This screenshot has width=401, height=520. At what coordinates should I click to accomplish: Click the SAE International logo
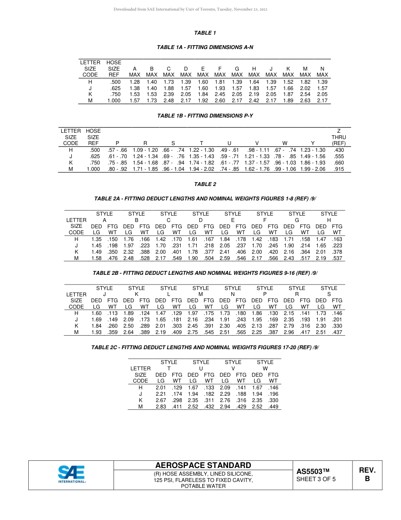pyautogui.click(x=72, y=474)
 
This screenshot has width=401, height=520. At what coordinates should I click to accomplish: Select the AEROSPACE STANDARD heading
pyautogui.click(x=203, y=465)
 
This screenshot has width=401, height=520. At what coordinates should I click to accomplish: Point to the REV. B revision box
pyautogui.click(x=367, y=475)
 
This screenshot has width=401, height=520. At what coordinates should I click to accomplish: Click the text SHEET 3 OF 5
pyautogui.click(x=316, y=479)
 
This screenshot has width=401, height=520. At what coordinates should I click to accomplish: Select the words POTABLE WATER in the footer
pyautogui.click(x=203, y=486)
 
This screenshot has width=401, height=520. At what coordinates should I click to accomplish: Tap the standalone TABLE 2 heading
pyautogui.click(x=205, y=184)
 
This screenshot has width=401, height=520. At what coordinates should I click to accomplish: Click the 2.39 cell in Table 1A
pyautogui.click(x=168, y=94)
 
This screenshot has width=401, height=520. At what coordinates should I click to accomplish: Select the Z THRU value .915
pyautogui.click(x=339, y=169)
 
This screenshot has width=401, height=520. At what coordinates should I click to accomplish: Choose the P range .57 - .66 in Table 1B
pyautogui.click(x=117, y=150)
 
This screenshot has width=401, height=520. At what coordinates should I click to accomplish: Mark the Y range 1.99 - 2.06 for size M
pyautogui.click(x=313, y=169)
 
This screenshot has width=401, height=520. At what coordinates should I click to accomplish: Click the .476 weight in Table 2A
pyautogui.click(x=113, y=258)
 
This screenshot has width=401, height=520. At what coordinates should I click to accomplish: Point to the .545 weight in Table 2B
pyautogui.click(x=209, y=333)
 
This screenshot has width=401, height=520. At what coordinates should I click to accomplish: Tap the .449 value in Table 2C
pyautogui.click(x=273, y=407)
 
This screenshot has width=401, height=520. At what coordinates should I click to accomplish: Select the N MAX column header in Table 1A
pyautogui.click(x=322, y=71)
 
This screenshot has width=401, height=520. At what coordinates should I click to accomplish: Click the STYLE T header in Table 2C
pyautogui.click(x=169, y=365)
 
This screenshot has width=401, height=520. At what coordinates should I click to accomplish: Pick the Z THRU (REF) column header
pyautogui.click(x=339, y=137)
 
